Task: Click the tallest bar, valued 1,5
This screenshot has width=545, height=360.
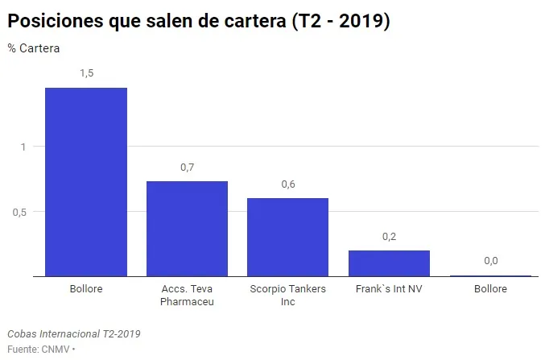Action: tap(85, 182)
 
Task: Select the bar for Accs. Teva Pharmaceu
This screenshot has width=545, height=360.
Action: tap(187, 229)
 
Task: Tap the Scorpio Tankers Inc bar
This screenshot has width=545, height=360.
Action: tap(287, 237)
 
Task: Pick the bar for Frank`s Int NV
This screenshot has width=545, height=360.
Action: tap(389, 263)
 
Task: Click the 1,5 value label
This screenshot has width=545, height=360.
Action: tap(86, 73)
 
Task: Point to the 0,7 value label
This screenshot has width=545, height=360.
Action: tap(187, 168)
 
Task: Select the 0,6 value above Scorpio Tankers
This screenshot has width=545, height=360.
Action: tap(288, 184)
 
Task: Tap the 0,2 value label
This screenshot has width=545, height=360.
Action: tap(389, 237)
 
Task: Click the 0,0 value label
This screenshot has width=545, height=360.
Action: tap(490, 261)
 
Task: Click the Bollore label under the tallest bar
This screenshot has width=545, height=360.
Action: tap(86, 288)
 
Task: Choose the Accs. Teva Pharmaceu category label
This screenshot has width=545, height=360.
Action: tap(187, 295)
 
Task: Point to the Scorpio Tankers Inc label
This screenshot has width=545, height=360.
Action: tap(288, 295)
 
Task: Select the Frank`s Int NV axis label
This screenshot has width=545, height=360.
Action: tap(389, 288)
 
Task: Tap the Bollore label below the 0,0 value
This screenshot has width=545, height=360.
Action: tap(490, 288)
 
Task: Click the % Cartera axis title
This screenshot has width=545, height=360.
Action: tap(34, 48)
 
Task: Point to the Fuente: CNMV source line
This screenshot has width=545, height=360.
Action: tap(40, 349)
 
